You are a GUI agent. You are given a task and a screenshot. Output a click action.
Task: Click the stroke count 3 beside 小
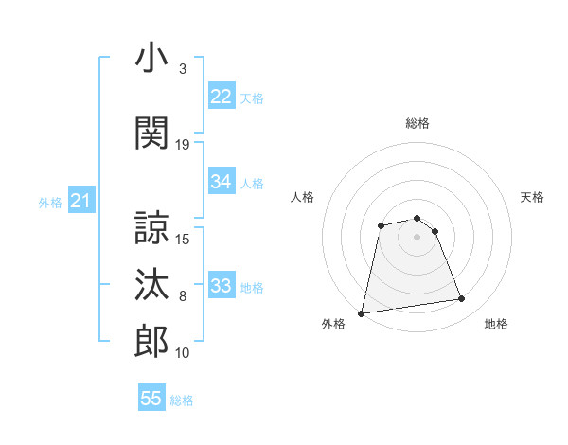coord(182,69)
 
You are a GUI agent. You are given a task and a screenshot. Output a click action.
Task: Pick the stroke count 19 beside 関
coord(183,145)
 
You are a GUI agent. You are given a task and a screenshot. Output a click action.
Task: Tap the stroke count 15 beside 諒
coord(183,239)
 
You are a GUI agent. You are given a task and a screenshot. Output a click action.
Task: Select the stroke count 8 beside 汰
coord(183,296)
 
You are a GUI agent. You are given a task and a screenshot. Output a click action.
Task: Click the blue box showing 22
coord(221,97)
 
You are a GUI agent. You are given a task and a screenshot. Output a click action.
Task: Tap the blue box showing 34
coord(221,182)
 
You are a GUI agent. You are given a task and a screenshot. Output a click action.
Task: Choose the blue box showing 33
coord(221,286)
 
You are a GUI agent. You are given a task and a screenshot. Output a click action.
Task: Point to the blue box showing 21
coord(80,201)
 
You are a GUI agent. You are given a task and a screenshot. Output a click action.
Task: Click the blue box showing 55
coord(151,399)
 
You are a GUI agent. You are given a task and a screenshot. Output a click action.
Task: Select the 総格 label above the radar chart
coord(417,123)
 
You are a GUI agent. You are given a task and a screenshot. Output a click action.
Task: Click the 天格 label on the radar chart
coord(532,197)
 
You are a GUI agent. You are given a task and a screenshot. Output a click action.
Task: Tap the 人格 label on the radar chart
coord(303,197)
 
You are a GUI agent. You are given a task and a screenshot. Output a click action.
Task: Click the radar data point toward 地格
coord(462,299)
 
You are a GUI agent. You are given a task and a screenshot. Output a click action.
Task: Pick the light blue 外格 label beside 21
coord(50,202)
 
